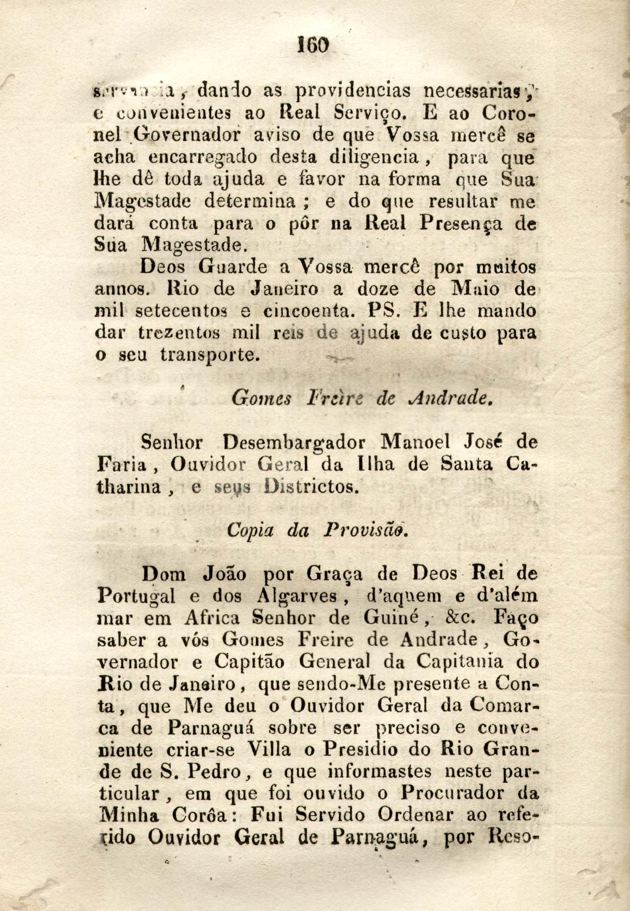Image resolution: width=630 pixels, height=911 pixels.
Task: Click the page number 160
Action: (x=314, y=44)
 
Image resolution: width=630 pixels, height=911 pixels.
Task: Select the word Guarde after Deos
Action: (x=232, y=267)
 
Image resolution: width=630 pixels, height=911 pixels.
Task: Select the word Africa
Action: (x=212, y=618)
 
